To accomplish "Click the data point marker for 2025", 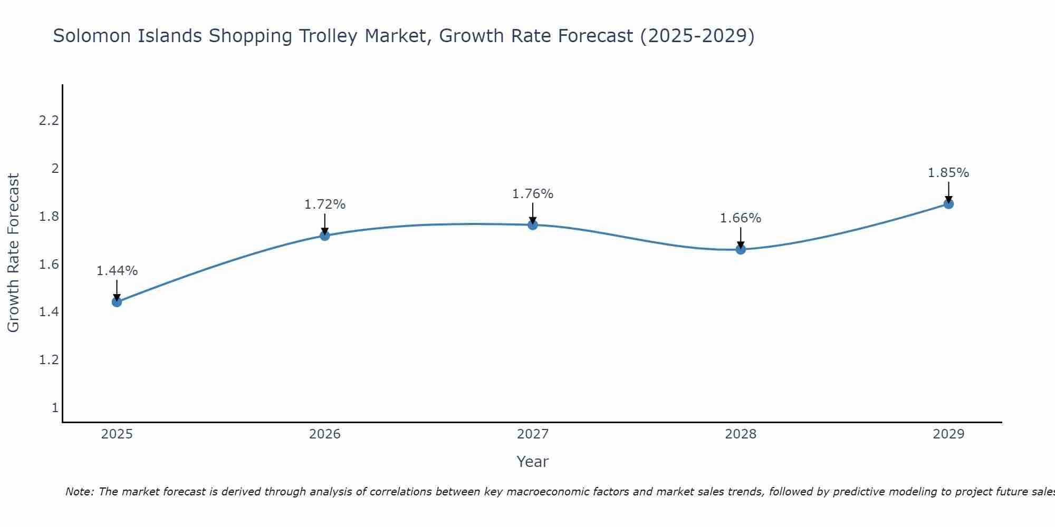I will [117, 302].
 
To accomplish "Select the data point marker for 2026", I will [324, 236].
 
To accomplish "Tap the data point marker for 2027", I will [533, 225].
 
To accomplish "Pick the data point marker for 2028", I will [741, 249].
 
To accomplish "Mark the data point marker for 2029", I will [948, 204].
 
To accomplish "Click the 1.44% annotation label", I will [117, 271].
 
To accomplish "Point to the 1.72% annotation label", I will [324, 204].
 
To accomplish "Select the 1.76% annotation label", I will [533, 194].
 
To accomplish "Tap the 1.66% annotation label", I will [741, 218].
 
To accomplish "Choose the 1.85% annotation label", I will [948, 173].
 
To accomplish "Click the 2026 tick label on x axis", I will [324, 434].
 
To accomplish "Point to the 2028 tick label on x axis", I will [741, 434].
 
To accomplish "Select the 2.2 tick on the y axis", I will [49, 121].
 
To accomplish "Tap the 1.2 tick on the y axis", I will [49, 360].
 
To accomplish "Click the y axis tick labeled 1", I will [55, 408].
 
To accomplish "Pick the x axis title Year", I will [533, 462].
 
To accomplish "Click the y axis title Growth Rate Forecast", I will [13, 253].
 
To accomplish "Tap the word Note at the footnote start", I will [79, 492].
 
